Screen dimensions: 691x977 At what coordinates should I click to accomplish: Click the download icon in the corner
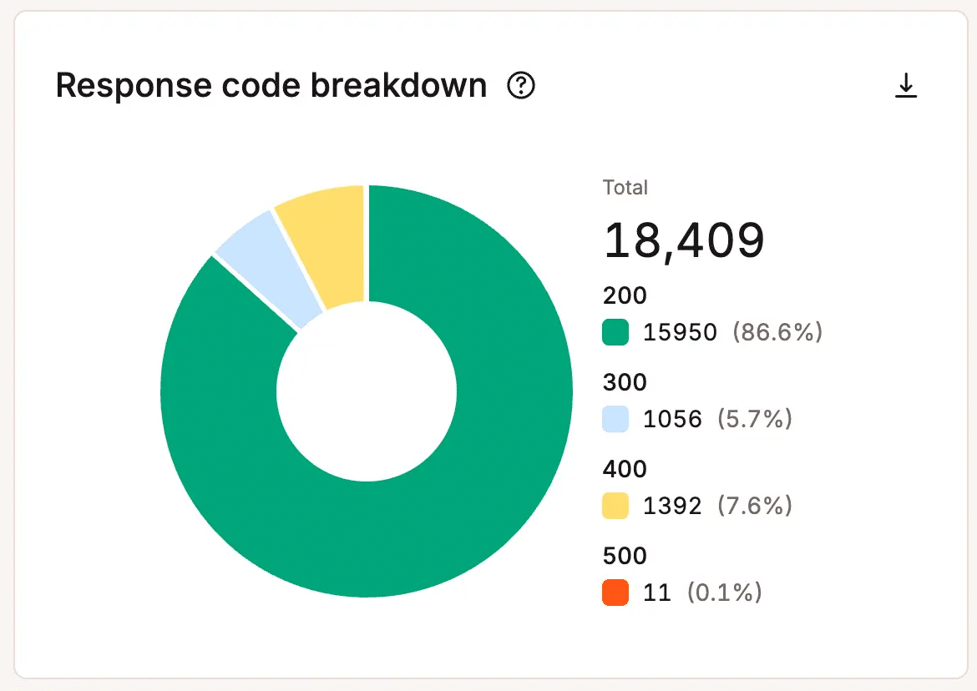[x=906, y=86]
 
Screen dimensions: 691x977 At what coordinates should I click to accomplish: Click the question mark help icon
[x=521, y=85]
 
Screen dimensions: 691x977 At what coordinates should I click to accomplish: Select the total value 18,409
[x=684, y=240]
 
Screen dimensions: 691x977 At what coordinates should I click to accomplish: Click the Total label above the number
[x=625, y=187]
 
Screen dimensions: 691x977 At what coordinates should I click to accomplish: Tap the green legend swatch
[x=615, y=332]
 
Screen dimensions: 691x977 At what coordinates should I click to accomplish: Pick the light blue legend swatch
[x=615, y=419]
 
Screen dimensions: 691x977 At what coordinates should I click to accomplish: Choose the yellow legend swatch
[x=615, y=506]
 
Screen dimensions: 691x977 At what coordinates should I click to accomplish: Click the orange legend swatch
[x=615, y=593]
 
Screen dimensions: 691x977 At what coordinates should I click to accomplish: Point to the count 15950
[x=680, y=332]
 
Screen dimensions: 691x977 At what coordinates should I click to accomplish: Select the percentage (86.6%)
[x=777, y=332]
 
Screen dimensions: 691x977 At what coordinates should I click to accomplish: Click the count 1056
[x=672, y=419]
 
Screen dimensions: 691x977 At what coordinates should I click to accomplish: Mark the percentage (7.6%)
[x=755, y=506]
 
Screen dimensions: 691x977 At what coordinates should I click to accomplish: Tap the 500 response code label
[x=625, y=556]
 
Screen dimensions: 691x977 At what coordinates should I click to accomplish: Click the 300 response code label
[x=625, y=382]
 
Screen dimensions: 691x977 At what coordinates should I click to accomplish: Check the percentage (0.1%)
[x=724, y=593]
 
